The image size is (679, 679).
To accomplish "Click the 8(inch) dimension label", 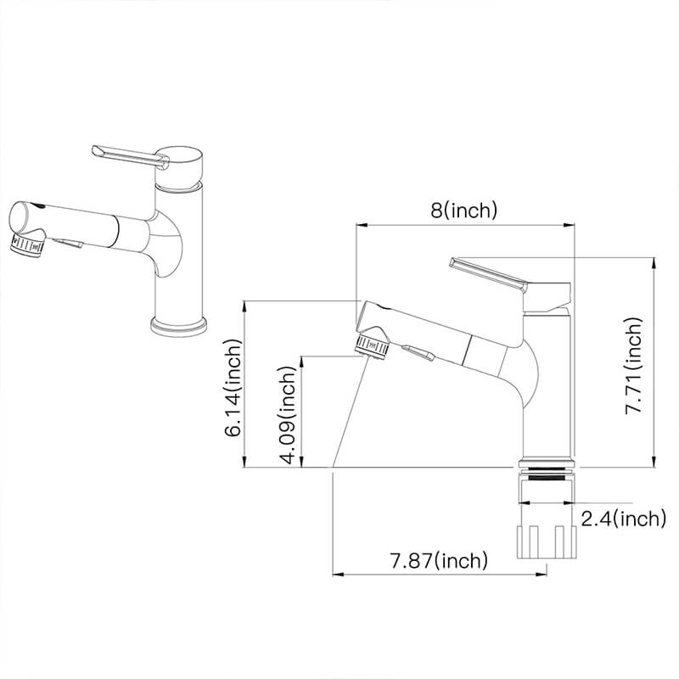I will tap(463, 210).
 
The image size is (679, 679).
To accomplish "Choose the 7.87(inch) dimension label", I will tap(439, 560).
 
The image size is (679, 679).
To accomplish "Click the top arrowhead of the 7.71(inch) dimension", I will tap(654, 263).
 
